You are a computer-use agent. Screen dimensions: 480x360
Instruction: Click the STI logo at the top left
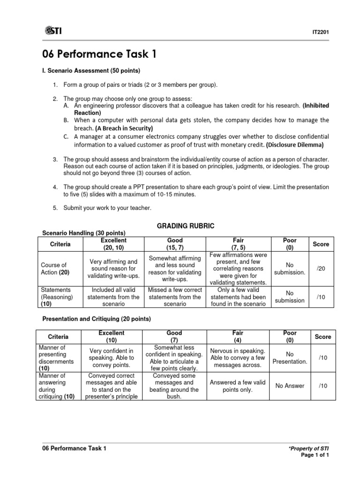[53, 31]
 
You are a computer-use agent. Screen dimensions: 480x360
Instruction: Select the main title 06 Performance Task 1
[99, 54]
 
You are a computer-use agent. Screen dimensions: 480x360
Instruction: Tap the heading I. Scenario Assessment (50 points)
[91, 71]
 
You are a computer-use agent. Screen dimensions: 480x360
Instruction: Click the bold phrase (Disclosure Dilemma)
[295, 144]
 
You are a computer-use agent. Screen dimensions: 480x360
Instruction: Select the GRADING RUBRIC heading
[185, 226]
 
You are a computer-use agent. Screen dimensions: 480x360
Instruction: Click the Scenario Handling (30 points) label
[84, 233]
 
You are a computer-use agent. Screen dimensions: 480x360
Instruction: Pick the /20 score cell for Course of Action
[321, 268]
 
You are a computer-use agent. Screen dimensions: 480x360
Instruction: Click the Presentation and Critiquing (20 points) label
[97, 319]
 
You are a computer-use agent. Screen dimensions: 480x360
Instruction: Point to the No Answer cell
[290, 386]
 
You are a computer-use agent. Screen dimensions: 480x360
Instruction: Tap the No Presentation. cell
[290, 358]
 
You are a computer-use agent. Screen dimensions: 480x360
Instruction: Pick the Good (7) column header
[174, 336]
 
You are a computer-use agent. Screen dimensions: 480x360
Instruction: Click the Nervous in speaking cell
[238, 358]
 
